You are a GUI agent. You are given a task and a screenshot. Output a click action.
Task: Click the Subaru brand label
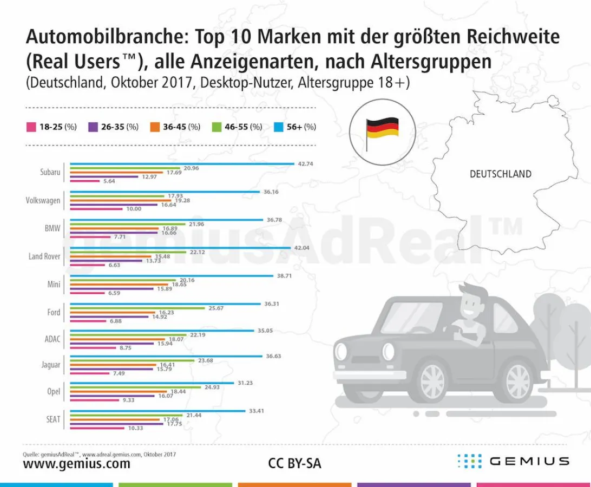(50, 173)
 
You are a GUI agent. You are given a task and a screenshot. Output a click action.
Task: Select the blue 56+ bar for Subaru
(182, 163)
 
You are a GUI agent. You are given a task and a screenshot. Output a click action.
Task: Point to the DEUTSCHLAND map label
(500, 174)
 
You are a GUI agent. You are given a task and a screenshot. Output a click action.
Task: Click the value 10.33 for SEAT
(135, 428)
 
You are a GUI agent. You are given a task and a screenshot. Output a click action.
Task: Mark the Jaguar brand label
(51, 365)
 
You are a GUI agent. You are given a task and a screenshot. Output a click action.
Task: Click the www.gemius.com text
(76, 464)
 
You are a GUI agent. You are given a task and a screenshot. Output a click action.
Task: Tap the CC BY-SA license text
(294, 464)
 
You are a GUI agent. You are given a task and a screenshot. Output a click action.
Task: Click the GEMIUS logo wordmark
(529, 461)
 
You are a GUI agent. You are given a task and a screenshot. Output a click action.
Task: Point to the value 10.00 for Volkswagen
(133, 208)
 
